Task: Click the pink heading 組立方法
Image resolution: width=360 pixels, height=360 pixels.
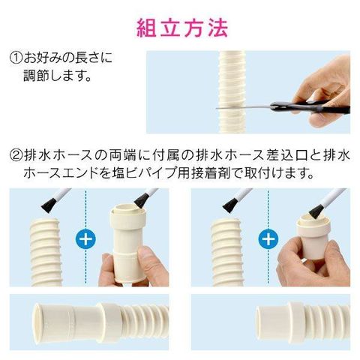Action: pyautogui.click(x=182, y=28)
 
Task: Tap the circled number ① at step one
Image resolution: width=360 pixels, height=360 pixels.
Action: pyautogui.click(x=16, y=58)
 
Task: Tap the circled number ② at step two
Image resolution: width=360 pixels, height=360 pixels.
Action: pyautogui.click(x=16, y=155)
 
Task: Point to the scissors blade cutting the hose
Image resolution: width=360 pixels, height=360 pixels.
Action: pyautogui.click(x=243, y=107)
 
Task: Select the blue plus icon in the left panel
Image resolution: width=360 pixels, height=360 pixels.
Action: pyautogui.click(x=85, y=239)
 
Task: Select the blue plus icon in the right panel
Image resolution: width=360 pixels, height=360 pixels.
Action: pyautogui.click(x=268, y=239)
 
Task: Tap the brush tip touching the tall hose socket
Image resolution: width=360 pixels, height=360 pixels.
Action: pyautogui.click(x=142, y=201)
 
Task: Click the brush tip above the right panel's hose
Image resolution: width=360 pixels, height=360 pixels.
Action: pyautogui.click(x=231, y=205)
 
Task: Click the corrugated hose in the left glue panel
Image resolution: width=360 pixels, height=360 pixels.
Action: pyautogui.click(x=46, y=252)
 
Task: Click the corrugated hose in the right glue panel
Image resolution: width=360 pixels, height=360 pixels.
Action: pyautogui.click(x=227, y=252)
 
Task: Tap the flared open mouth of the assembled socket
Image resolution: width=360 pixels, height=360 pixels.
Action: pyautogui.click(x=40, y=322)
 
